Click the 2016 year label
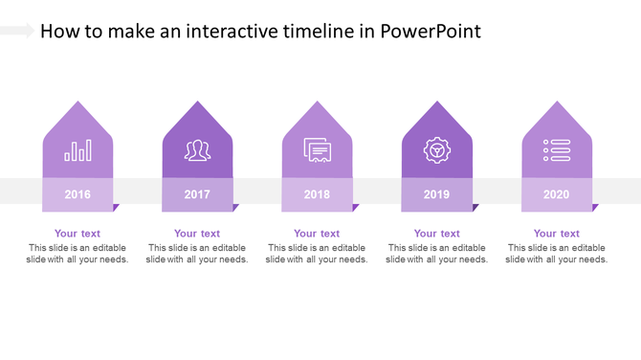pos(77,194)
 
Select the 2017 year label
pos(197,194)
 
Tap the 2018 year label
pos(317,194)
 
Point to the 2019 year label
pos(436,194)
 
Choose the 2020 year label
pos(556,194)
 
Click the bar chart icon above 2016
pos(77,150)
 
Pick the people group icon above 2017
pos(197,150)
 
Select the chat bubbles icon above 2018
pos(317,150)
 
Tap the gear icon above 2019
pos(436,150)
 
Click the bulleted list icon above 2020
pos(556,150)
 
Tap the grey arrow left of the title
pos(17,32)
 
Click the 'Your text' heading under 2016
pos(77,234)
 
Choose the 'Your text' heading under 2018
pos(317,234)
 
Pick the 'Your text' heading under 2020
pos(556,234)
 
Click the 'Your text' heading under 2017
pos(197,234)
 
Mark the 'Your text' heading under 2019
pos(436,234)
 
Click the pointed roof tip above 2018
pos(317,104)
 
